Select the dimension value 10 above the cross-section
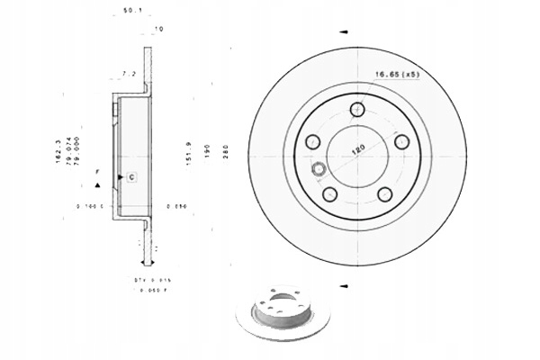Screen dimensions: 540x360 coord(158,30)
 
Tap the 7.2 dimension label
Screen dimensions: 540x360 coord(129,73)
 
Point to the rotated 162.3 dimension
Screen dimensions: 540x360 coord(58,150)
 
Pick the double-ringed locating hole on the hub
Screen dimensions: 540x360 coord(318,169)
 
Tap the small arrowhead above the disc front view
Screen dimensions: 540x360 coord(343,31)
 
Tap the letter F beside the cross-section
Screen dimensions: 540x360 coord(98,171)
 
